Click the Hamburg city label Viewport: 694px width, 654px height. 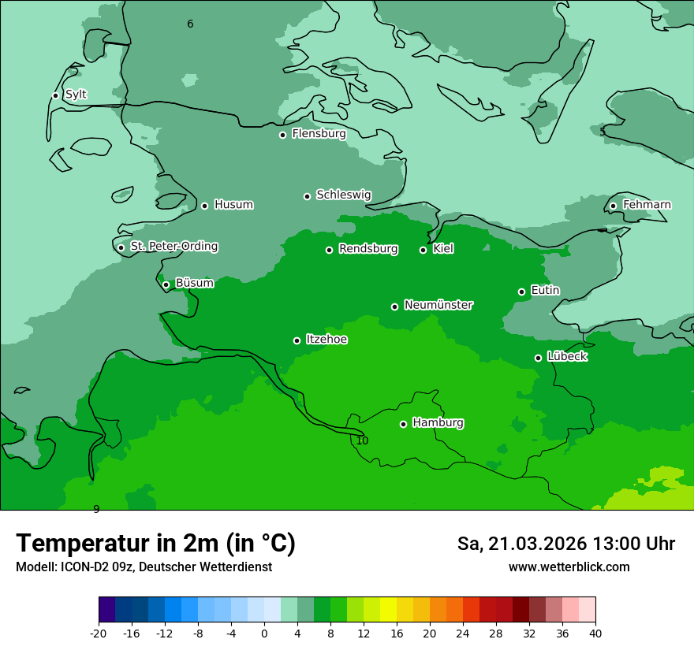pos(438,422)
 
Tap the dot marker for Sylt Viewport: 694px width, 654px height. pos(55,95)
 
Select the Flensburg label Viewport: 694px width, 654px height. pos(319,134)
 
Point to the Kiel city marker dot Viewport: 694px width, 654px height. pos(423,250)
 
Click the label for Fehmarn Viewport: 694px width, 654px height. pos(647,205)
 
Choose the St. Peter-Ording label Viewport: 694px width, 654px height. pos(173,246)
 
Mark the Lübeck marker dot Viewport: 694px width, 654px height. pos(538,358)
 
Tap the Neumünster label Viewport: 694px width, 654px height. pos(438,305)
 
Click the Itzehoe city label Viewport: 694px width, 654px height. pos(326,340)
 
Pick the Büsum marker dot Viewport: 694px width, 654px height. pos(166,284)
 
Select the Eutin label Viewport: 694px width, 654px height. pos(545,290)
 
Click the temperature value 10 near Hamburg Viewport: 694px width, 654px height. pos(362,440)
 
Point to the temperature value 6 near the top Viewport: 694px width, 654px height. pos(190,24)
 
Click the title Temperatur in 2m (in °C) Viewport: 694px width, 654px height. pos(155,543)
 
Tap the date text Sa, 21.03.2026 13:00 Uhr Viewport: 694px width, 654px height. pos(565,544)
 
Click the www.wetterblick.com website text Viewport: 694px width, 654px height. pos(569,567)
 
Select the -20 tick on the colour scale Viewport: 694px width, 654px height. pos(99,633)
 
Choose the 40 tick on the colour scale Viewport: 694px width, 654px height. pos(595,633)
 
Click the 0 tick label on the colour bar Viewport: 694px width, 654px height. pos(264,633)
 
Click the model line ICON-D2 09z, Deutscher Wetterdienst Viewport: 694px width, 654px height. pos(144,567)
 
